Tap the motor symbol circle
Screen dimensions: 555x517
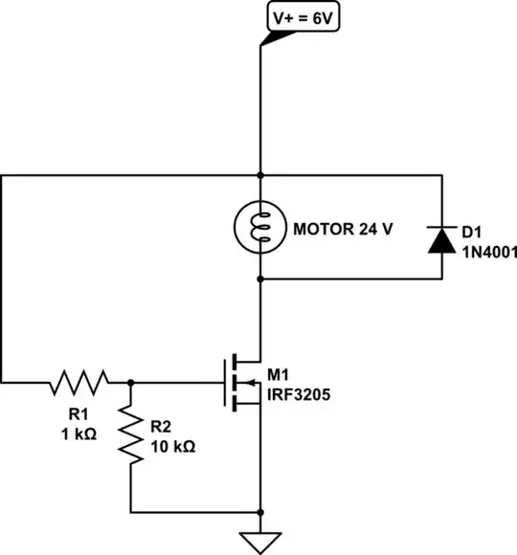click(x=260, y=227)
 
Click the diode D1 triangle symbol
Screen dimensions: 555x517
click(x=441, y=241)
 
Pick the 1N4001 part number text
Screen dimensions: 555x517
click(x=489, y=253)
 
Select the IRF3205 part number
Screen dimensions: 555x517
click(x=301, y=391)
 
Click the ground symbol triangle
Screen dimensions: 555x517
click(x=260, y=542)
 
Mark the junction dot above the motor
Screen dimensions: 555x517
click(x=260, y=175)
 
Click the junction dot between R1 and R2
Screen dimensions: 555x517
click(x=130, y=383)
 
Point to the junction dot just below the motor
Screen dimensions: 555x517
click(x=260, y=278)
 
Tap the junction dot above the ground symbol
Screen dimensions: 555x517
click(x=260, y=511)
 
